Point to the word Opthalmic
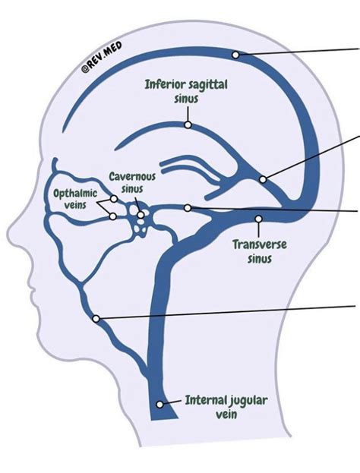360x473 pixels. click(x=74, y=193)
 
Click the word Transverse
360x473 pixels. click(x=257, y=245)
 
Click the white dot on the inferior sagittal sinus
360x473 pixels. click(x=188, y=122)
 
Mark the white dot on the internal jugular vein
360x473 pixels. click(x=160, y=404)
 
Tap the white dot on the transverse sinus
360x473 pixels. click(x=258, y=219)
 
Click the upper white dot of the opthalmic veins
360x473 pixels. click(x=113, y=199)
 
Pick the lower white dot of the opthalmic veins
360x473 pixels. click(x=112, y=216)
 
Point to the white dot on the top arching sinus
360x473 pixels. click(x=236, y=55)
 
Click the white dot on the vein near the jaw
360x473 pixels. click(x=96, y=319)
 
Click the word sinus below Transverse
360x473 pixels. click(x=258, y=258)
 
